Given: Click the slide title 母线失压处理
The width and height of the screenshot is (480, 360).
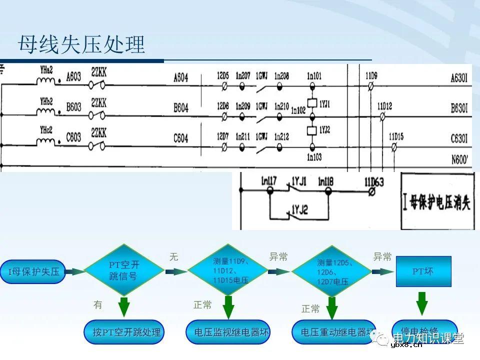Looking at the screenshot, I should click(81, 44).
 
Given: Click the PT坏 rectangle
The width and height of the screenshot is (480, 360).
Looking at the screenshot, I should click(423, 271).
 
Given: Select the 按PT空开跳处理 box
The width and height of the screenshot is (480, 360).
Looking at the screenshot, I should click(123, 332).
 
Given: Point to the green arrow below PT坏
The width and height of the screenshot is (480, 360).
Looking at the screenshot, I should click(421, 303).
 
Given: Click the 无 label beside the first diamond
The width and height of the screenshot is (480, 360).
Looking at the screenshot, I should click(173, 257).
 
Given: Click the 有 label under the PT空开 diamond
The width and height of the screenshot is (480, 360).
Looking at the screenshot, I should click(98, 304).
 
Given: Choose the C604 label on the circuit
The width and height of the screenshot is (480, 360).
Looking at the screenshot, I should click(180, 138).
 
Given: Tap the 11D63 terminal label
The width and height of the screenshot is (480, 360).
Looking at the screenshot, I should click(373, 182).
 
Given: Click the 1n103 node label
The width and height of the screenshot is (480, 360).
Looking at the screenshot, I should click(314, 157).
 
